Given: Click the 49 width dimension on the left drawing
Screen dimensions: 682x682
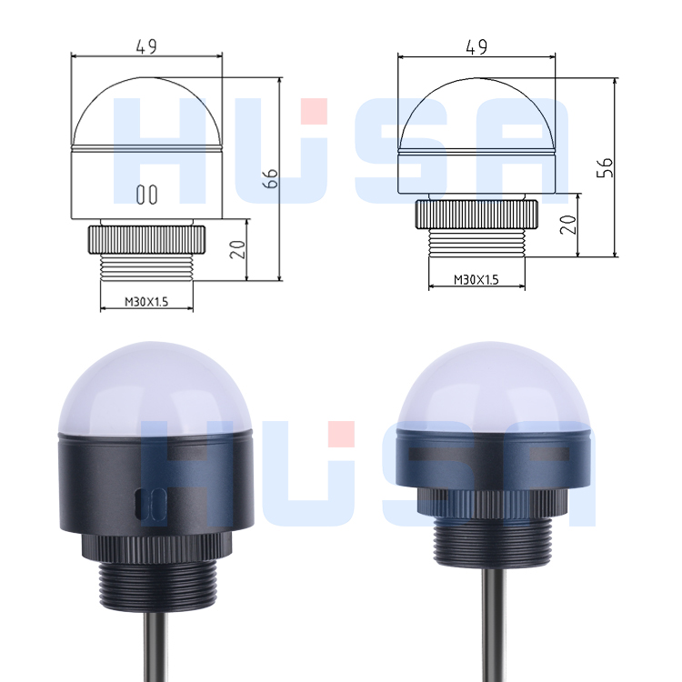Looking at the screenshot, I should pyautogui.click(x=145, y=45).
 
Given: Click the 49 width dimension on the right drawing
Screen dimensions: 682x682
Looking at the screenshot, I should pyautogui.click(x=476, y=45).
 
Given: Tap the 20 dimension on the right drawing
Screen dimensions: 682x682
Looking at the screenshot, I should pyautogui.click(x=569, y=223).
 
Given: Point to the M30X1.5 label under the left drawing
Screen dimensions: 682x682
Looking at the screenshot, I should pyautogui.click(x=145, y=301).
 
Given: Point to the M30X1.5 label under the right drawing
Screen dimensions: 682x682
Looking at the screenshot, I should pyautogui.click(x=476, y=279).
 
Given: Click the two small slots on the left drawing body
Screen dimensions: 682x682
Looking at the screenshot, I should pyautogui.click(x=145, y=194).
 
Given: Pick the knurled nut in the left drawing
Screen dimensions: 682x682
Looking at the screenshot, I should pyautogui.click(x=145, y=241).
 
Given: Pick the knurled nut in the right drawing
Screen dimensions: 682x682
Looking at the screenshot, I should pyautogui.click(x=476, y=216).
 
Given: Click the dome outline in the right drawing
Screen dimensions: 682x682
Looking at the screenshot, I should pyautogui.click(x=476, y=109).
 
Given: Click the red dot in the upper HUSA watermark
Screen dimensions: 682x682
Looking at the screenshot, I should pyautogui.click(x=315, y=111).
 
